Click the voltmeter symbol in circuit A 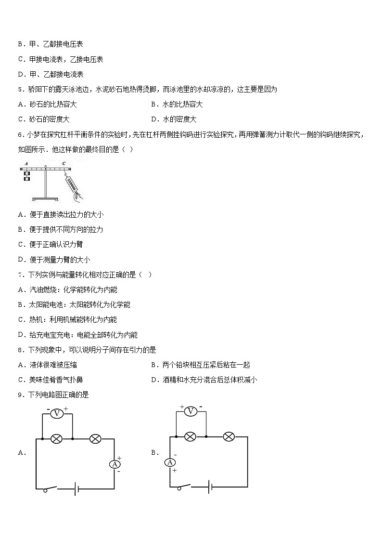coord(57,414)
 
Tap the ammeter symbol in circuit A coord(115,464)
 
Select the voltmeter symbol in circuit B coord(191,411)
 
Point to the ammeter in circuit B coord(170,462)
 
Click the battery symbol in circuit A coord(76,490)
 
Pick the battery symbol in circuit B coord(210,487)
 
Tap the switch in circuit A coord(51,489)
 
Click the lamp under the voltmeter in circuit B coord(191,436)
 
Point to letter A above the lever coord(26,164)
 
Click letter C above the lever coord(64,164)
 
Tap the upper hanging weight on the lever coord(27,173)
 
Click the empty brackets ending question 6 coord(127,150)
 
